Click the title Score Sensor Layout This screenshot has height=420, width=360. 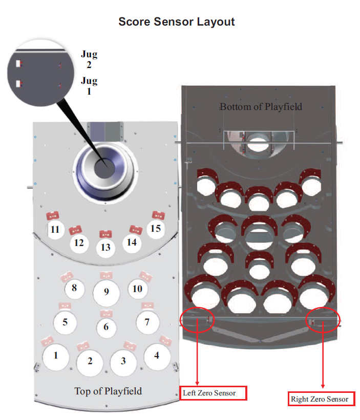[177, 22]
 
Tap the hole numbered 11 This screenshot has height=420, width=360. [55, 230]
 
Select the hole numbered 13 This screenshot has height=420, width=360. [105, 248]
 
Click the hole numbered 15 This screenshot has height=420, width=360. [155, 229]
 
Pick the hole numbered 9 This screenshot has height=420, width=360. [106, 292]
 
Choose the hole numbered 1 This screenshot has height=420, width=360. [147, 322]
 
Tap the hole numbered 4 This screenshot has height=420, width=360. [157, 355]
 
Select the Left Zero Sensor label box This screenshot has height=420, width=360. [213, 393]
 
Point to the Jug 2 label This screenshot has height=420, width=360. [89, 59]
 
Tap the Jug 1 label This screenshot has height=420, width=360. [89, 86]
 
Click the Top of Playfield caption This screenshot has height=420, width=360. [108, 391]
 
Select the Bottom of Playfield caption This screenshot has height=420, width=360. [261, 107]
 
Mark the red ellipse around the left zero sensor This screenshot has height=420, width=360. [198, 321]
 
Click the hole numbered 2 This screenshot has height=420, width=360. [90, 361]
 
